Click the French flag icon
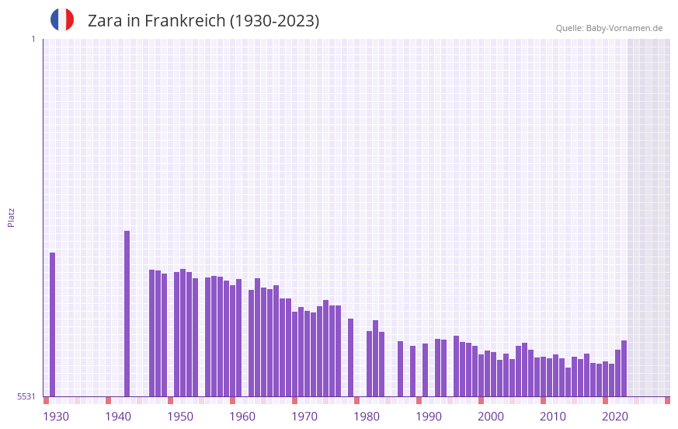point(62,19)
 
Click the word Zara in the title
point(103,21)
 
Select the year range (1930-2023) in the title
point(274,21)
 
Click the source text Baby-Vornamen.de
point(624,28)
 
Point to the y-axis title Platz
point(11,217)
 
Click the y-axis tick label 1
point(33,39)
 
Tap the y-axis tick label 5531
point(26,396)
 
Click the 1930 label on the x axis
point(56,417)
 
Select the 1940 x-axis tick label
point(118,417)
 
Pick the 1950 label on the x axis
point(180,417)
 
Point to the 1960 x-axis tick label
point(242,417)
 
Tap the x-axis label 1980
point(367,417)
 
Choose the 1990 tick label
point(429,417)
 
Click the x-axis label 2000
point(491,417)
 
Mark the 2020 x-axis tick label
point(615,417)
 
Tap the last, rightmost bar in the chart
point(624,368)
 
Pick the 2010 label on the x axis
point(553,417)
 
